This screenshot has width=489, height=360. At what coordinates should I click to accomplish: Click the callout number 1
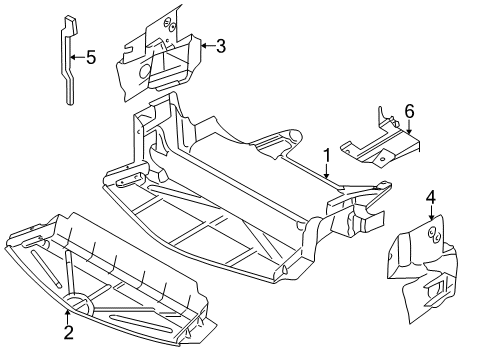click(326, 156)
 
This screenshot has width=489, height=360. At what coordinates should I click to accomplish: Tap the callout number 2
click(68, 331)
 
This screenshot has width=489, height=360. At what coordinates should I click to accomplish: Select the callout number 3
click(221, 44)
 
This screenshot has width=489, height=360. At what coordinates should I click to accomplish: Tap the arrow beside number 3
click(206, 44)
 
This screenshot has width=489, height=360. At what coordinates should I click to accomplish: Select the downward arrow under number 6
click(408, 126)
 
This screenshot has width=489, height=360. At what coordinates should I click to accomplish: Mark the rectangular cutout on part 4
click(440, 290)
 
